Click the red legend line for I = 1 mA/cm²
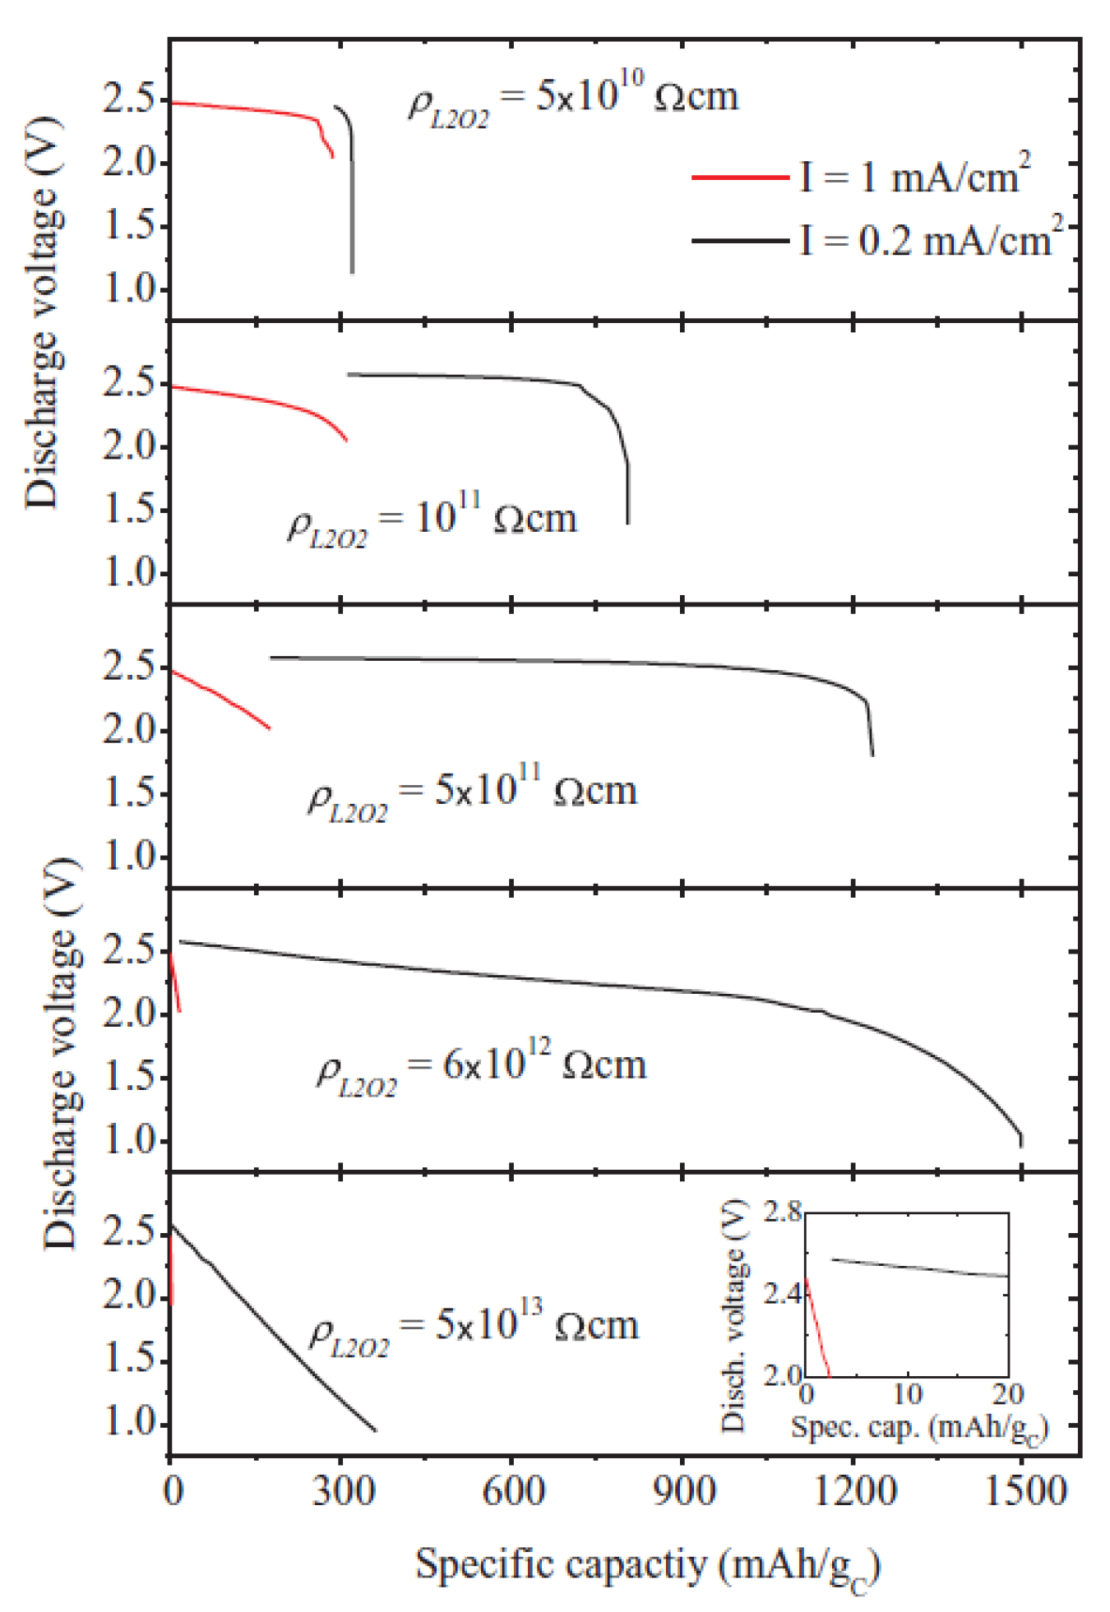point(740,177)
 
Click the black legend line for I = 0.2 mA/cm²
point(740,241)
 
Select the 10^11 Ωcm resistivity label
point(432,522)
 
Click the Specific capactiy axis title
point(648,1567)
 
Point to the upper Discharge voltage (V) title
point(41,312)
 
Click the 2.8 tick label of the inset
point(781,1212)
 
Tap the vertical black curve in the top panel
point(353,214)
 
